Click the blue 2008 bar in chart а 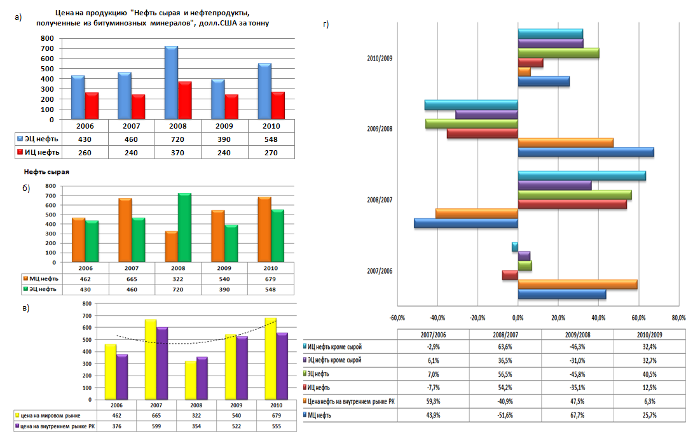point(170,83)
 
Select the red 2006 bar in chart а point(92,106)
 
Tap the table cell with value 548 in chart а point(271,139)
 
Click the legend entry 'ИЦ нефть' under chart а point(38,152)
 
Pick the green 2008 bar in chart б point(184,227)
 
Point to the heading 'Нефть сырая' point(46,172)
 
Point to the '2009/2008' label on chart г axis point(380,129)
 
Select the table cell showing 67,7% point(577,414)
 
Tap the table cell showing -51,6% point(505,414)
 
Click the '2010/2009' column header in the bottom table point(648,333)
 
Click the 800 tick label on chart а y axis point(47,38)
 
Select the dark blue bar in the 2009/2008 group point(585,152)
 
